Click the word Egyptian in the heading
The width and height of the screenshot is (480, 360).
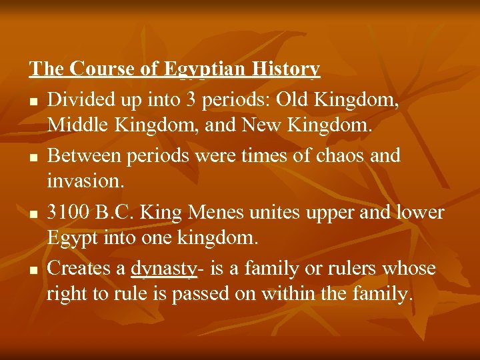(207, 69)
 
